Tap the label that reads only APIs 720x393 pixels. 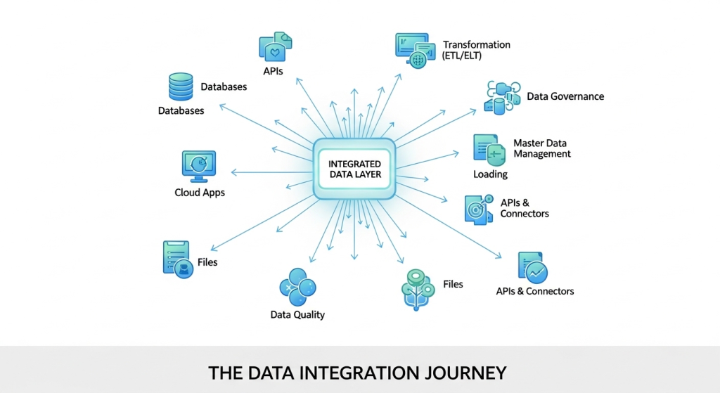[273, 70]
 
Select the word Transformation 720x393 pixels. [477, 44]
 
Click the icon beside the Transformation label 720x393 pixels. [416, 50]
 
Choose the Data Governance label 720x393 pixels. [565, 96]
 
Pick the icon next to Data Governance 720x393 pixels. [503, 97]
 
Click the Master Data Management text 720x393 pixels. [541, 148]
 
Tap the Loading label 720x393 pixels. [490, 174]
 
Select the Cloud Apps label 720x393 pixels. [200, 193]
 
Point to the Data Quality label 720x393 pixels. [297, 314]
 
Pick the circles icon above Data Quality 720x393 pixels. [297, 285]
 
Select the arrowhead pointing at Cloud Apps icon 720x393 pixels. [233, 172]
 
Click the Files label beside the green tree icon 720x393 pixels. [453, 284]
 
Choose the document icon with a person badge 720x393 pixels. [176, 259]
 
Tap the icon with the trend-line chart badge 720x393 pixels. [533, 268]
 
